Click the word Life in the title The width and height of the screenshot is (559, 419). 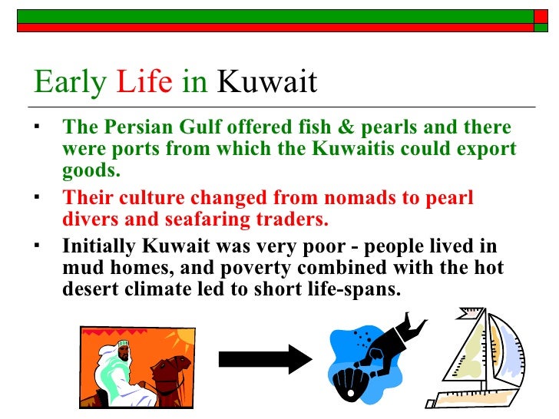click(144, 82)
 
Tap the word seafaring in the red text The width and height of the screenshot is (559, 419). click(196, 219)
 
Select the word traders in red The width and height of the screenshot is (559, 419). click(293, 219)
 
